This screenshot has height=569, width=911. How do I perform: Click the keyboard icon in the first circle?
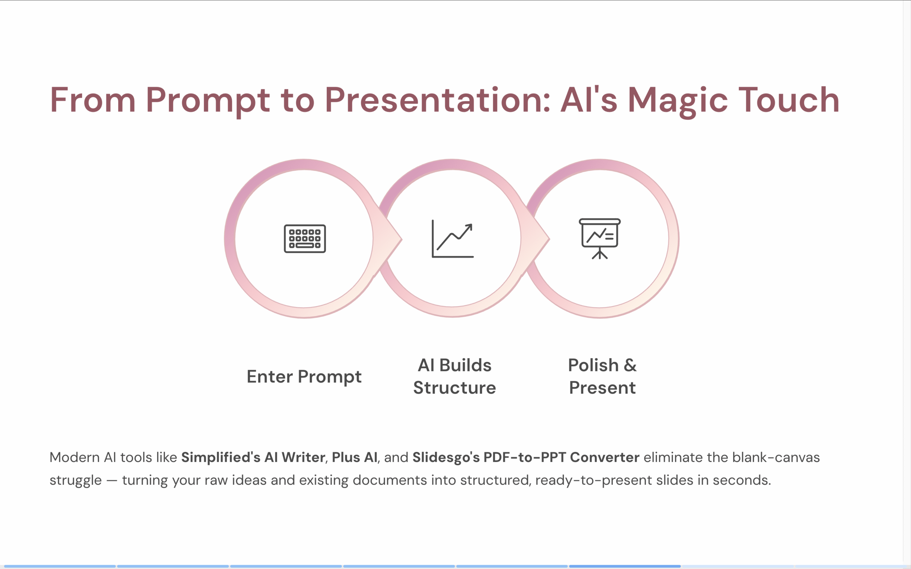[305, 239]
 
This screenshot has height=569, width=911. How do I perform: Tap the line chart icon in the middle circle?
[453, 239]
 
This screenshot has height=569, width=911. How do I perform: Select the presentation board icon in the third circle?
[600, 239]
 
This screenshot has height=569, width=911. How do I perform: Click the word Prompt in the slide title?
[207, 100]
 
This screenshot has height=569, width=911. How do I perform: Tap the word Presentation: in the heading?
[438, 100]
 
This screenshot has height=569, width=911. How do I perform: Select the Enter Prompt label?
[304, 377]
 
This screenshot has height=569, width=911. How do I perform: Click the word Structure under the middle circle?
[454, 388]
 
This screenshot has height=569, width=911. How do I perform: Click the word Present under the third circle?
[602, 388]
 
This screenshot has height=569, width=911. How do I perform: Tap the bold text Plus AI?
[354, 457]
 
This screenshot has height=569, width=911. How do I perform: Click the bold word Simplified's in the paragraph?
[221, 457]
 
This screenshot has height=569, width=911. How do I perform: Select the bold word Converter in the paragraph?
[604, 457]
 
